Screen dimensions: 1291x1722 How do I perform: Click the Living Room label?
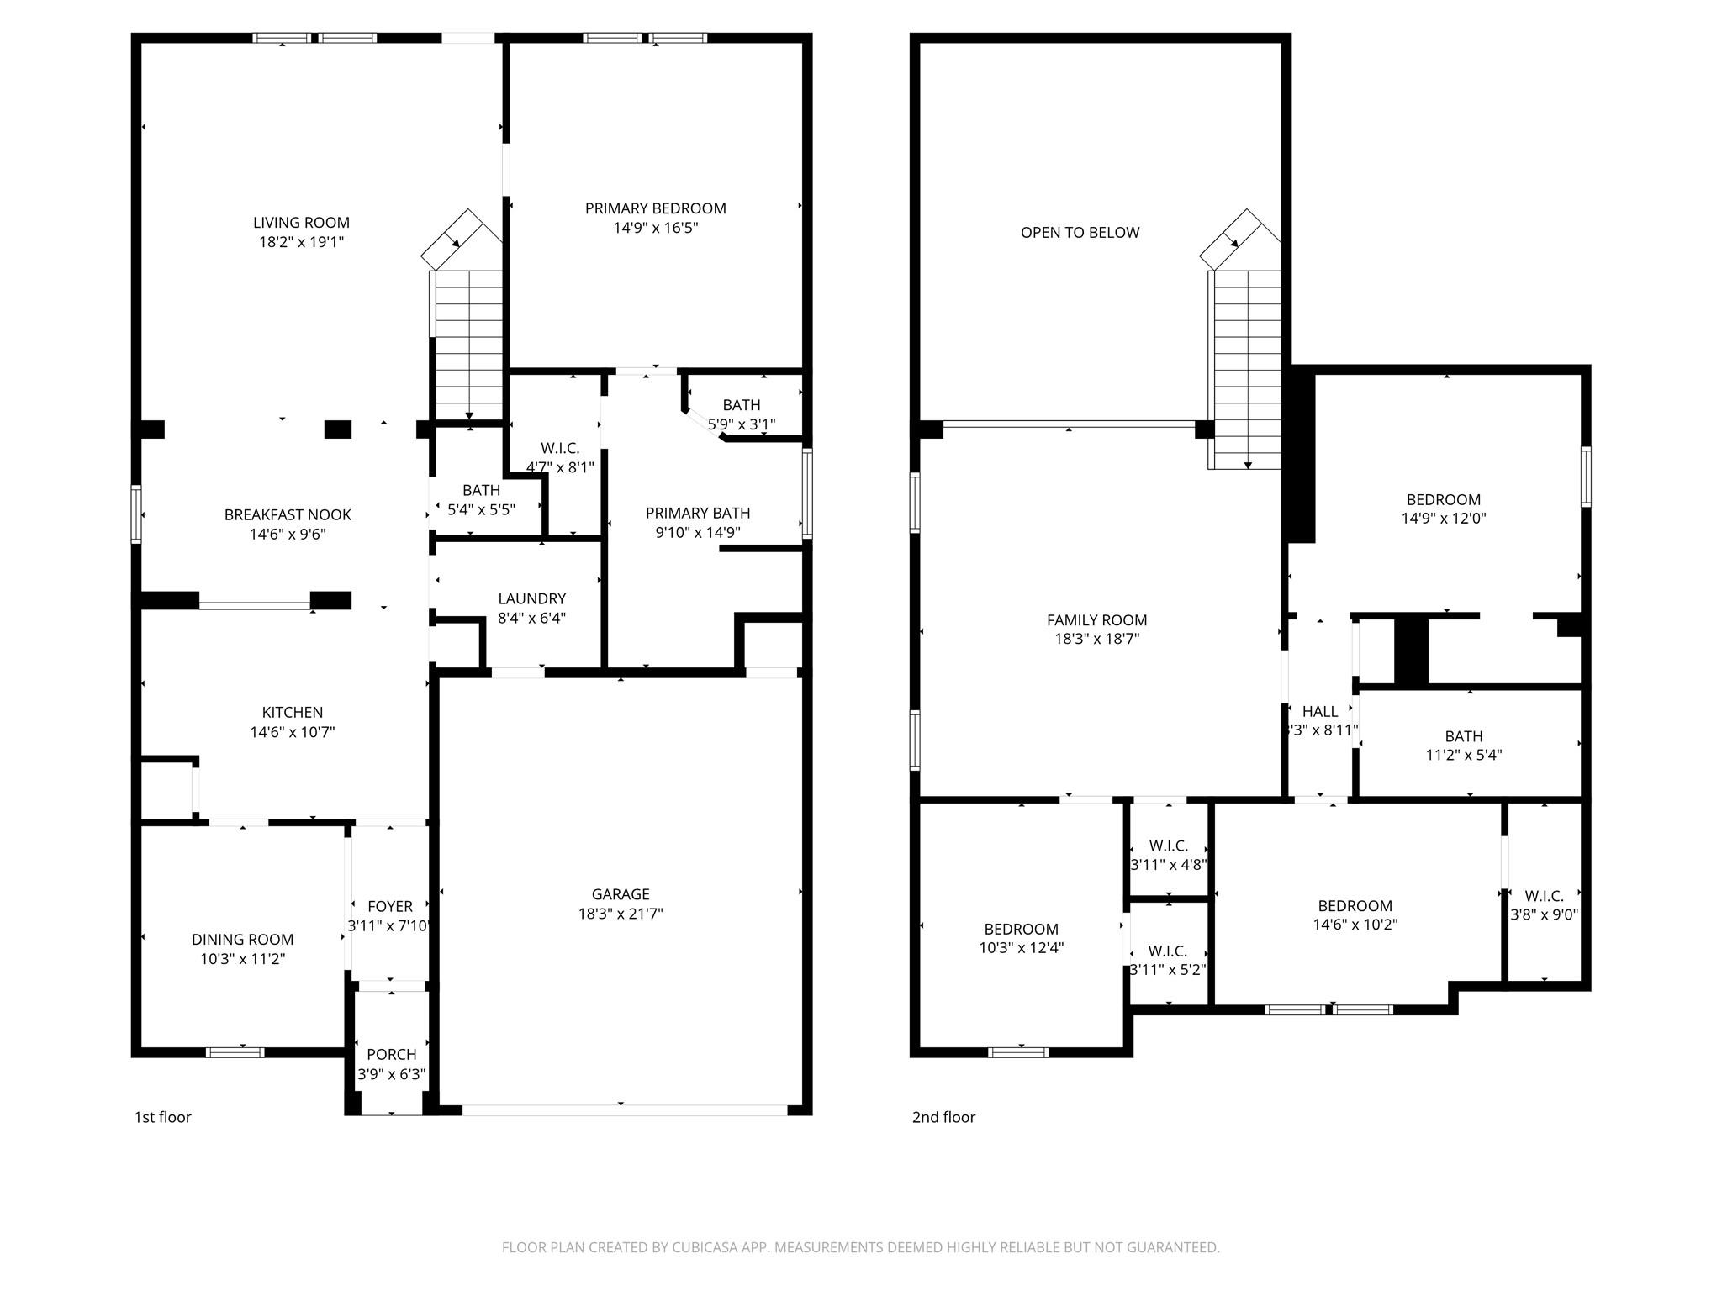tap(301, 223)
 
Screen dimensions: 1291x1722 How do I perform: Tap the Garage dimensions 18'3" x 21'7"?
tap(621, 914)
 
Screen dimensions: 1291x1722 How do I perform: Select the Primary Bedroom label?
tap(655, 208)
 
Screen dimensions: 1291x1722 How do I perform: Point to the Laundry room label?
tap(531, 598)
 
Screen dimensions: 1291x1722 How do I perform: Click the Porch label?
tap(391, 1054)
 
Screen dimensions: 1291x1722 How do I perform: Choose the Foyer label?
tap(390, 906)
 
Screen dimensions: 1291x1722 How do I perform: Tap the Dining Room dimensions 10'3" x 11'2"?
tap(242, 959)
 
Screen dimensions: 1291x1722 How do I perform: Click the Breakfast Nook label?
tap(288, 514)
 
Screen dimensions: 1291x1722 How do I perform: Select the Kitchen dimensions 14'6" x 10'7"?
tap(292, 732)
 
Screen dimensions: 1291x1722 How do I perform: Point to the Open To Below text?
tap(1080, 233)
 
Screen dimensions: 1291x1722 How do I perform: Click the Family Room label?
tap(1096, 620)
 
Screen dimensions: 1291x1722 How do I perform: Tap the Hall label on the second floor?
tap(1319, 712)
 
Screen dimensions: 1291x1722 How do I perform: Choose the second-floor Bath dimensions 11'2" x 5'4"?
tap(1463, 755)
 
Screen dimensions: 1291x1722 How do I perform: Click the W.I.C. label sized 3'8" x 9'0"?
tap(1544, 896)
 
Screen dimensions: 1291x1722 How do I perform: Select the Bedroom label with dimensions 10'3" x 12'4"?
tap(1021, 929)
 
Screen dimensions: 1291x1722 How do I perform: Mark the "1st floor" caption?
tap(163, 1117)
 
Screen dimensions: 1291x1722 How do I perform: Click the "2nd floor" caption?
tap(943, 1117)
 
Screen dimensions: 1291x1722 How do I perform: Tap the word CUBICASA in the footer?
tap(705, 1247)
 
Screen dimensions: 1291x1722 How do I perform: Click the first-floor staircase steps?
tap(468, 345)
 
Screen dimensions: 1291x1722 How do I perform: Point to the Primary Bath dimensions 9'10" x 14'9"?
tap(697, 532)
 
